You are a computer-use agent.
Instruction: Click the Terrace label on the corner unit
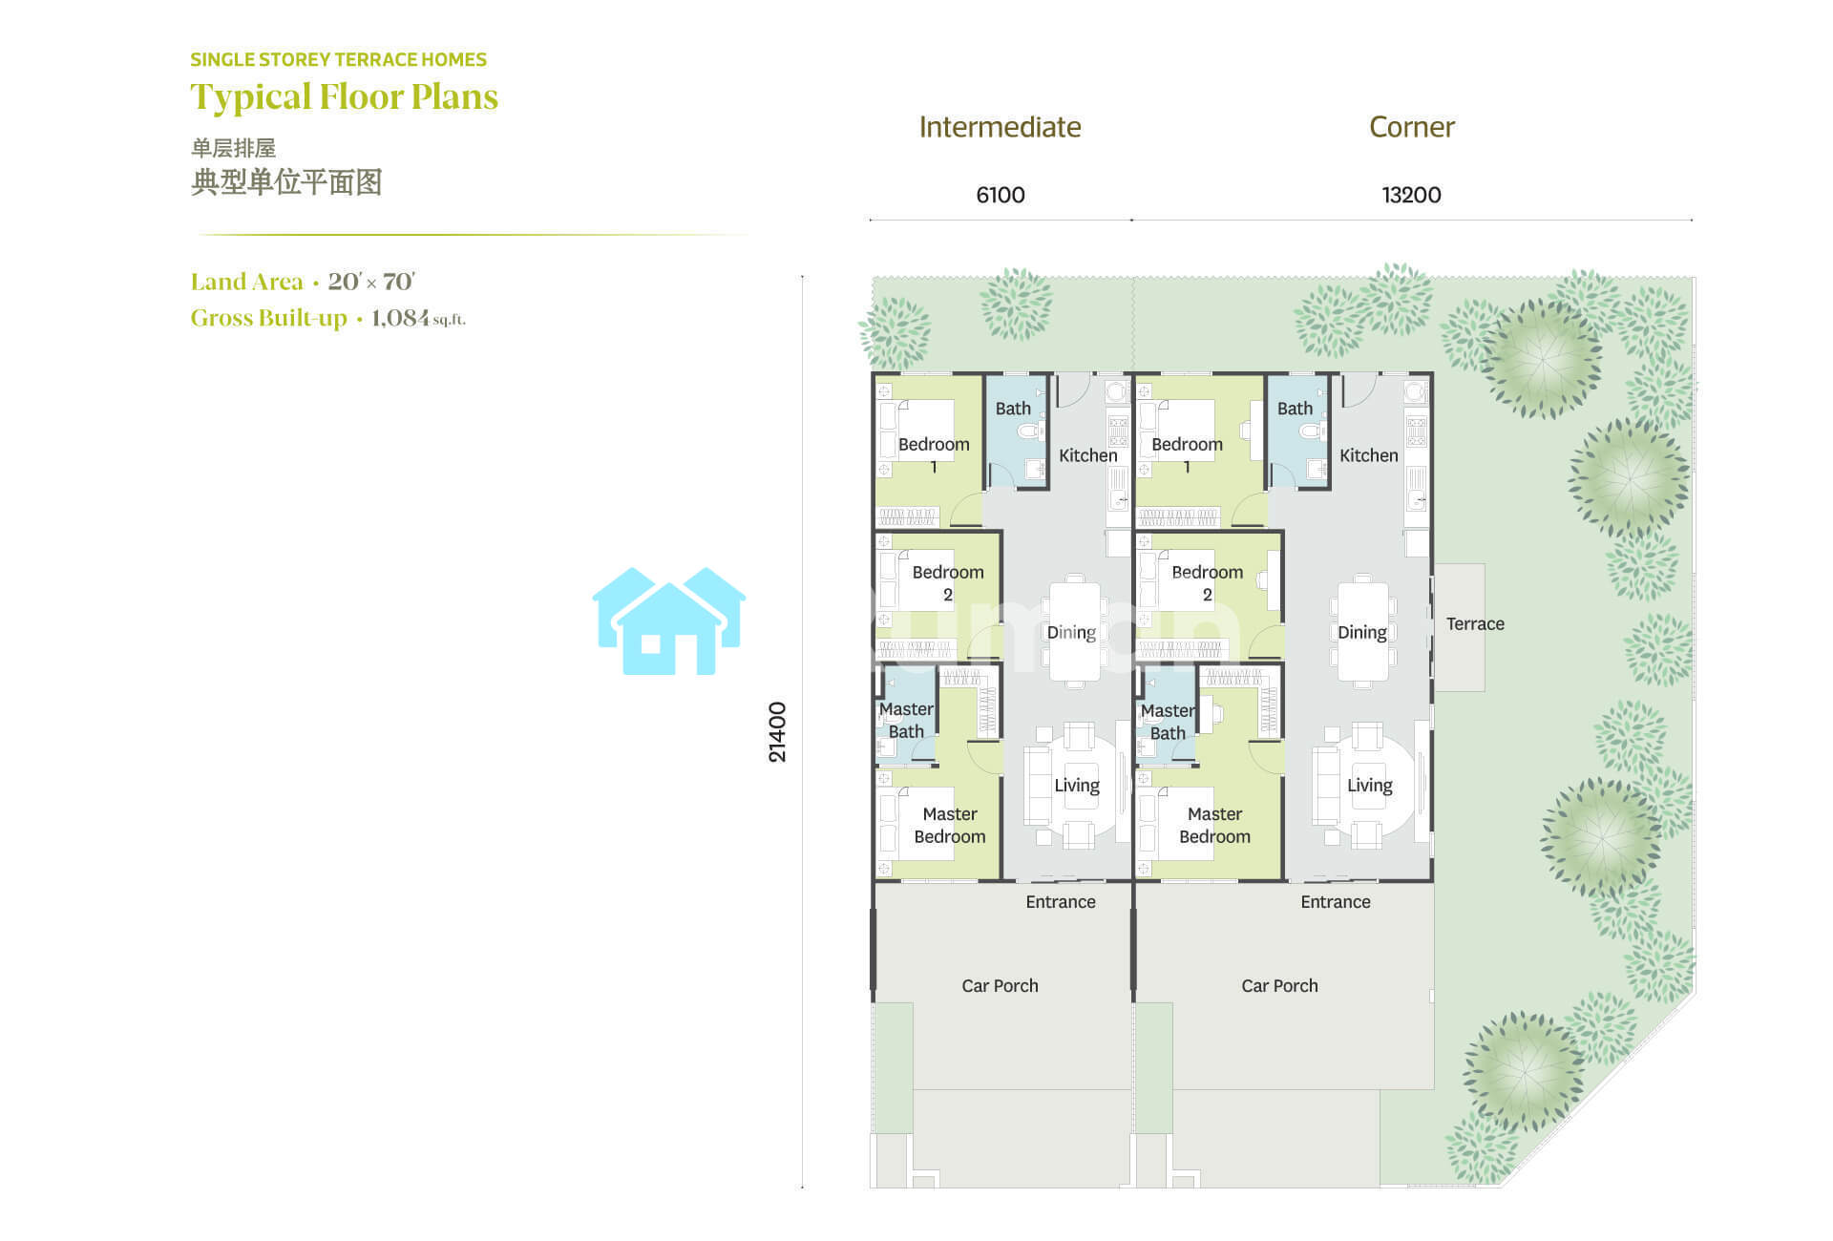point(1475,624)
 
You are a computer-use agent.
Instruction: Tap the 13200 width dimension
point(1411,196)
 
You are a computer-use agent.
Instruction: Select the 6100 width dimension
point(1001,196)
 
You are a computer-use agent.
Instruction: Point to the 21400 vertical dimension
point(778,732)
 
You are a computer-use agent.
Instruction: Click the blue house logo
point(669,621)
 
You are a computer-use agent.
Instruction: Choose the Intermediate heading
point(1000,127)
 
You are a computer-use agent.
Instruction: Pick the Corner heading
point(1412,127)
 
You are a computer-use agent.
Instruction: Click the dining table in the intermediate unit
point(1075,631)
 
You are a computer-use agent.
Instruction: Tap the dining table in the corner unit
point(1362,631)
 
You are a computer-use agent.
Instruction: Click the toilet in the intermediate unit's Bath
point(1029,431)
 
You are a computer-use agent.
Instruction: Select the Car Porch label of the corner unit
point(1279,986)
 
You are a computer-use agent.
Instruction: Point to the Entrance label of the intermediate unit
point(1061,902)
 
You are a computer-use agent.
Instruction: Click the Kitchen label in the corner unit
point(1368,456)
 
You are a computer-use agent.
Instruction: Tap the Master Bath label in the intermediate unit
point(906,721)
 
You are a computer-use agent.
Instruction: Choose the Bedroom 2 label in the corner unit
point(1207,583)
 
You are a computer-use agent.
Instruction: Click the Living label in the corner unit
point(1369,786)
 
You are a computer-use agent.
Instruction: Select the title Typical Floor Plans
point(344,97)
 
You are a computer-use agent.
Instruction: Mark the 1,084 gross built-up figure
point(400,318)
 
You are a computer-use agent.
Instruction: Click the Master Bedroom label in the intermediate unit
point(950,826)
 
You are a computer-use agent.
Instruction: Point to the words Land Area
point(246,282)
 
